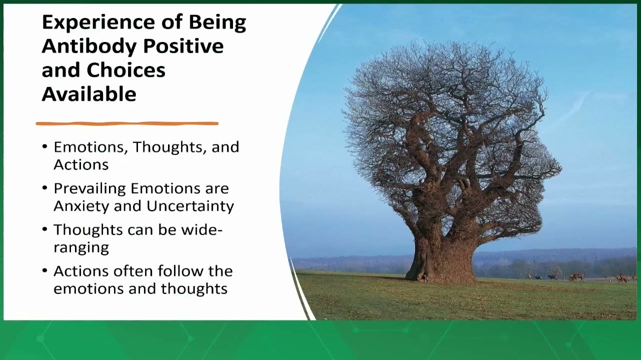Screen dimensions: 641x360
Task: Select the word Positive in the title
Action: [183, 46]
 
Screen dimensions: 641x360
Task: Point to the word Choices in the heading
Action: [126, 70]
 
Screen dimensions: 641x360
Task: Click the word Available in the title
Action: [89, 94]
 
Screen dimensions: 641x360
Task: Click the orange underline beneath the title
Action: [127, 123]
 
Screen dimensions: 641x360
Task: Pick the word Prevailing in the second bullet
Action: [90, 189]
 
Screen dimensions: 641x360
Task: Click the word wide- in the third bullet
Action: [202, 229]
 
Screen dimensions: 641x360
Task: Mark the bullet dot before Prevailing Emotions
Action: [44, 188]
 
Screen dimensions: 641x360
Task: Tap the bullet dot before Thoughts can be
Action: [44, 229]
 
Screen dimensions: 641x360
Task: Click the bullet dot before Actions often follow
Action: [44, 270]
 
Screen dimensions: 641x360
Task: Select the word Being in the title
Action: [217, 23]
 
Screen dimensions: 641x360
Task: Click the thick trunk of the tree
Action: [442, 257]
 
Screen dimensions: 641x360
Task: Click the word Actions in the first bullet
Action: [81, 165]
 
